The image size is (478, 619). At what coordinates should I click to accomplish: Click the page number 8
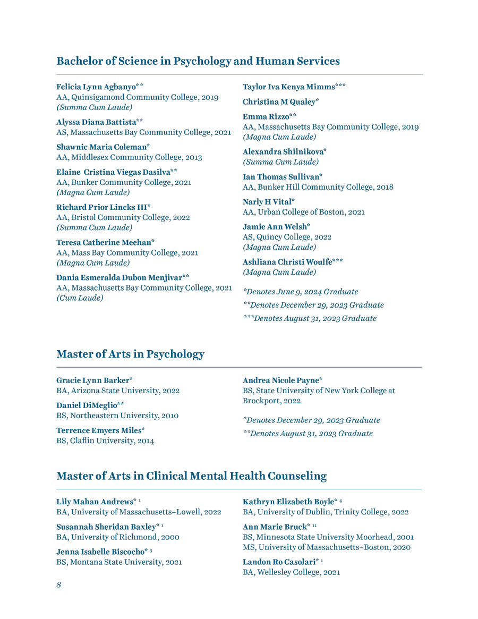click(x=59, y=585)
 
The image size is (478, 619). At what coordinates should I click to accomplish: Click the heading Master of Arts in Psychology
click(x=130, y=354)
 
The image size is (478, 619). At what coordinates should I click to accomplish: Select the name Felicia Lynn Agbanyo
click(x=96, y=87)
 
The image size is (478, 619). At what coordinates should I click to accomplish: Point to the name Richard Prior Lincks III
click(x=101, y=207)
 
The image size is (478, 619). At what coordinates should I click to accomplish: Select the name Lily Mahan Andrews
click(x=95, y=502)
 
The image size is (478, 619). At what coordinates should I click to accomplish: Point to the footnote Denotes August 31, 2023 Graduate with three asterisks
click(x=310, y=318)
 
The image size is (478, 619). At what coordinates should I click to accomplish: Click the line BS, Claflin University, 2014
click(x=105, y=440)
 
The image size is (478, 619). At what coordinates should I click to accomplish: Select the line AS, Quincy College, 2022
click(x=287, y=237)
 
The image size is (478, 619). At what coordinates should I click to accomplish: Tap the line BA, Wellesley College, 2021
click(x=291, y=572)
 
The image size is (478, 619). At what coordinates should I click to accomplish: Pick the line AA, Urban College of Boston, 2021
click(x=303, y=212)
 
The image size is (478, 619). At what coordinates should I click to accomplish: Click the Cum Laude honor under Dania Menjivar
click(x=80, y=298)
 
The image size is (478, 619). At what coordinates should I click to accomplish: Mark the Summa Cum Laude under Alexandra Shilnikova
click(x=280, y=162)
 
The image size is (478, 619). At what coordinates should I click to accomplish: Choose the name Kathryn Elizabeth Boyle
click(x=288, y=502)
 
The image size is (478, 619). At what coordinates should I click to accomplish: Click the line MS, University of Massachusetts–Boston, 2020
click(x=326, y=547)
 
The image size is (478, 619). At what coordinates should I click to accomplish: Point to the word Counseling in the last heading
click(x=297, y=476)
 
